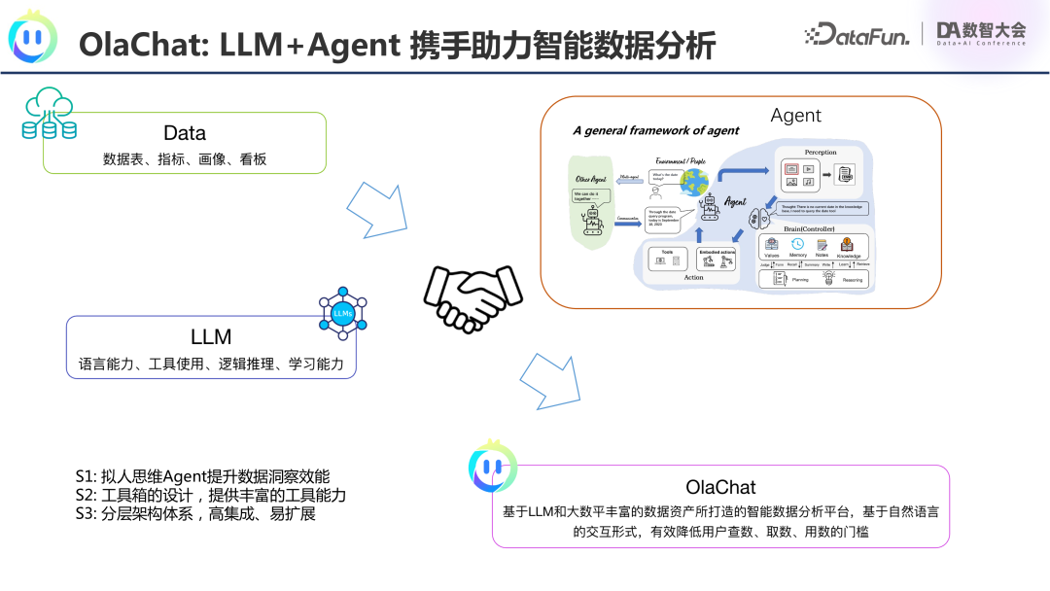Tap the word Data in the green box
(185, 133)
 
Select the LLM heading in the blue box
(211, 336)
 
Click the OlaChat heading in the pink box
(720, 486)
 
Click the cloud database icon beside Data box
(49, 115)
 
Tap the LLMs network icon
(342, 312)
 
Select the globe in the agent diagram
(694, 182)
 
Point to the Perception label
(820, 153)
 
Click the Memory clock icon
(797, 244)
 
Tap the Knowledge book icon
(847, 244)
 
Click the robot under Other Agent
(592, 222)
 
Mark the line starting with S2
(211, 495)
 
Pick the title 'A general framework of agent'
(655, 130)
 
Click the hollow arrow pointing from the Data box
(376, 204)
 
